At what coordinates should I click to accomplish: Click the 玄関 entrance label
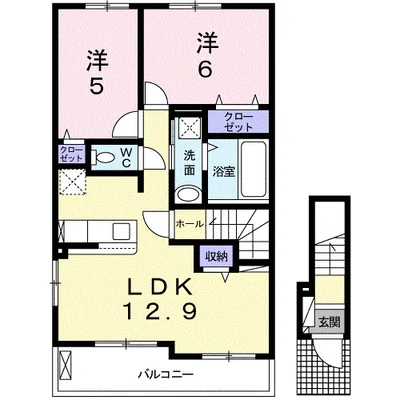click(330, 323)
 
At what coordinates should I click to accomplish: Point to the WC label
click(129, 156)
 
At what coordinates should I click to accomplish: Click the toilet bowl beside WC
click(106, 157)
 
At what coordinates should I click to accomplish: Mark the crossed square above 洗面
click(188, 129)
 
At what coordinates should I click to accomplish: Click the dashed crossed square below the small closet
click(72, 182)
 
